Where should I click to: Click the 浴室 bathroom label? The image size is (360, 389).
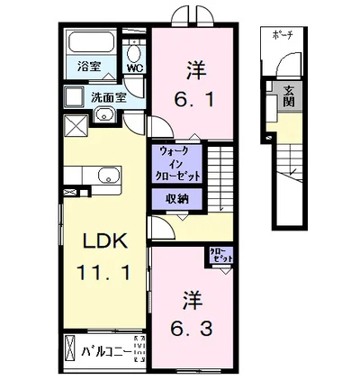[87, 66]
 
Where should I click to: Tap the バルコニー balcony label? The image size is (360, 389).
[105, 350]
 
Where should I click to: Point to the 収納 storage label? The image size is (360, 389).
[176, 200]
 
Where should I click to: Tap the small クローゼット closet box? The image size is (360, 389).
[220, 255]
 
